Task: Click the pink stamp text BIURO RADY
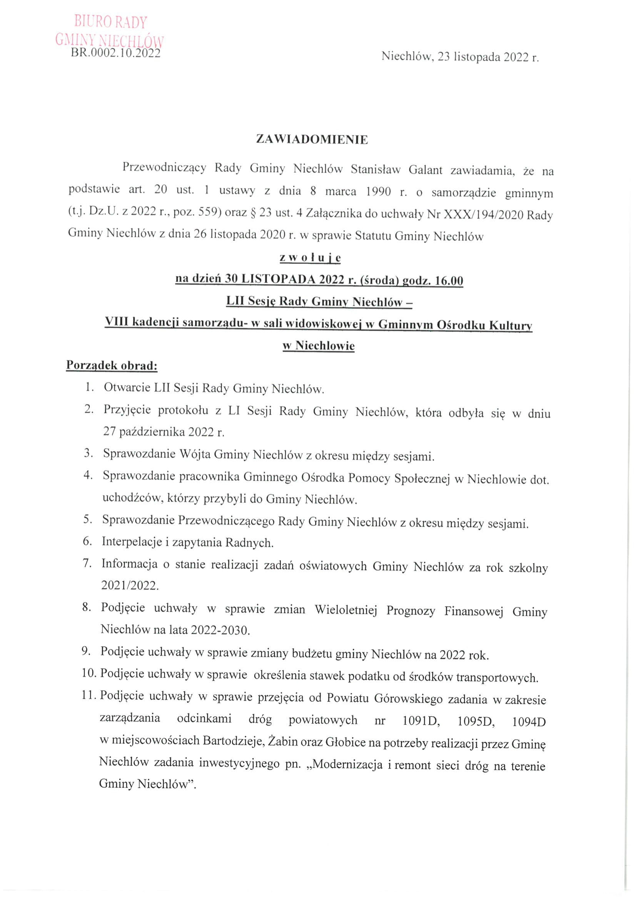point(111,22)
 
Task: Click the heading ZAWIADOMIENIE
point(312,140)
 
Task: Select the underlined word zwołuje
point(310,258)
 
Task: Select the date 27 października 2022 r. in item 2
point(164,432)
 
